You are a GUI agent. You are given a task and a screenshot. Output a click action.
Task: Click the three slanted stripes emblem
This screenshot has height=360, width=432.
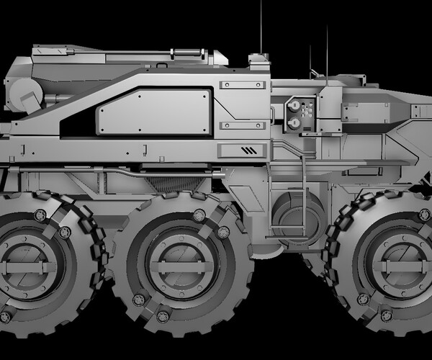point(248,150)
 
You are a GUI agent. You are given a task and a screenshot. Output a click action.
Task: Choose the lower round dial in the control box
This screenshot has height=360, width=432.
point(294,123)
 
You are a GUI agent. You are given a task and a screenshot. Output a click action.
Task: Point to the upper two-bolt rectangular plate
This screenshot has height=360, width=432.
point(243,86)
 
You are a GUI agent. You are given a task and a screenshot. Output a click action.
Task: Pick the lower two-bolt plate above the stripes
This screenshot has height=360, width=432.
point(243,125)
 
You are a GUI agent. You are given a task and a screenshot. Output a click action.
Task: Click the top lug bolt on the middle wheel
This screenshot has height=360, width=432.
point(199,215)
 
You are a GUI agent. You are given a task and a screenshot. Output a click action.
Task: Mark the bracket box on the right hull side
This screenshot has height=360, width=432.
point(365,112)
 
